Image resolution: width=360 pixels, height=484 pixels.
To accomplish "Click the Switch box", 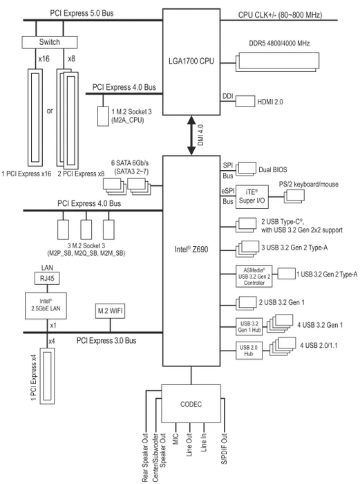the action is pos(49,42).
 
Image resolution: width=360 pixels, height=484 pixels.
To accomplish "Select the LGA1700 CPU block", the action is pos(191,62).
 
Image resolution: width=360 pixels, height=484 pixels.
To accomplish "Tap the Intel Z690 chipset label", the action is pos(191,250).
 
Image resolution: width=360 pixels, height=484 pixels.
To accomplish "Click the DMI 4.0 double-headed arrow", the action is pos(191,136).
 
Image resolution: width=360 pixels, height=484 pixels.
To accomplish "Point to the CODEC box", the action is pos(191,404).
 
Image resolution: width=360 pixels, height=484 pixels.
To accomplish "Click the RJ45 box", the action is pos(47,279).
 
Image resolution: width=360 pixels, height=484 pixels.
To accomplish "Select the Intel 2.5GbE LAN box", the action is pos(46,306).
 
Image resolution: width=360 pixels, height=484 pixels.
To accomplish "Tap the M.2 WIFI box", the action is pos(110,311).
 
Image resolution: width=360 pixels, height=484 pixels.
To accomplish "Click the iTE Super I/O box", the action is pos(252,197).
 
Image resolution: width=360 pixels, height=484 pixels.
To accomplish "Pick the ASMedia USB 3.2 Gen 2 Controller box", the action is pos(254,277).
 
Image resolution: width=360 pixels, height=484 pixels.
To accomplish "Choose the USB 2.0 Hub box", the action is pos(249,351).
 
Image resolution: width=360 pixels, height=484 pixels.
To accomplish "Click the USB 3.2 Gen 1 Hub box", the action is pos(249,326).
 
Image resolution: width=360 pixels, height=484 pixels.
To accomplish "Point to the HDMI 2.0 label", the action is pos(270,102).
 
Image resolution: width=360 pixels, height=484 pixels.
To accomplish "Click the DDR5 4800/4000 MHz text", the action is pos(279,43).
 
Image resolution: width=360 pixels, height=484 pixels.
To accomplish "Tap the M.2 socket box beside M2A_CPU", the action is pos(103,116).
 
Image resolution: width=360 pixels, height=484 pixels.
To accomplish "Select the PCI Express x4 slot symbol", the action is pos(47,376).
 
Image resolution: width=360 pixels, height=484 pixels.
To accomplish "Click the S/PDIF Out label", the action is pos(225,449).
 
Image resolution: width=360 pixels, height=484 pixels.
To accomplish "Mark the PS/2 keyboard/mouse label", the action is pos(309,185).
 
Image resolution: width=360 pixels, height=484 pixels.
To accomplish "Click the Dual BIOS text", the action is pos(273,170).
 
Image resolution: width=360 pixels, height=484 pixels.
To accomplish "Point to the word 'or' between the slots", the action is pos(50,111).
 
